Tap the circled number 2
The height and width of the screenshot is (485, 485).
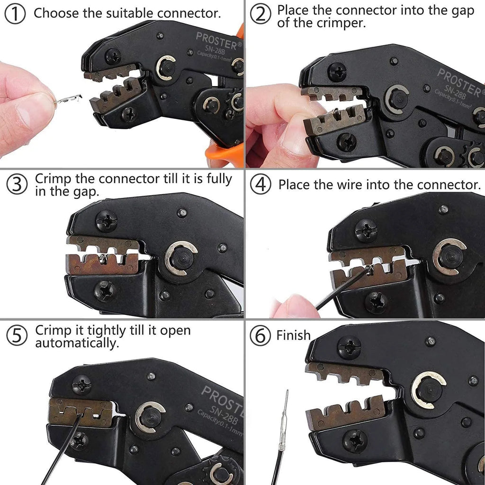tap(260, 15)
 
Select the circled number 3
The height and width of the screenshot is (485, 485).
tap(17, 184)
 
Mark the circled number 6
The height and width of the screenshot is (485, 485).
tap(260, 336)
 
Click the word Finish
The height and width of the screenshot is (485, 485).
tap(293, 335)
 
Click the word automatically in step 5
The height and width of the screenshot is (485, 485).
tap(77, 343)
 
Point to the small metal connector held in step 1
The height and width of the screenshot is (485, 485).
tap(69, 99)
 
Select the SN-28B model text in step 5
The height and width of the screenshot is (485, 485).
tap(224, 413)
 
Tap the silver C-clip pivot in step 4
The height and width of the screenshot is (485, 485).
tap(449, 256)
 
